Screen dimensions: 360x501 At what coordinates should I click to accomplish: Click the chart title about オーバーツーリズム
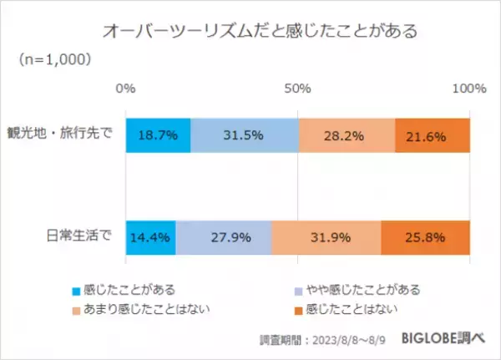coord(260,32)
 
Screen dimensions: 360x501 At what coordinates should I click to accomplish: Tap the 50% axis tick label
coord(297,88)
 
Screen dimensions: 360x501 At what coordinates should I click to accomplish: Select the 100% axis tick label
coord(468,88)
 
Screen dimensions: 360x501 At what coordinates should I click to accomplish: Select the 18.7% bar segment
coord(158,136)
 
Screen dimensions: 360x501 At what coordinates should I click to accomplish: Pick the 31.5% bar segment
coord(245,136)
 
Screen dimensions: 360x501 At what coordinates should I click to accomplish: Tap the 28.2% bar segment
coord(347,136)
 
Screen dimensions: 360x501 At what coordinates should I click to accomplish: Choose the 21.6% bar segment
coord(433,136)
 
